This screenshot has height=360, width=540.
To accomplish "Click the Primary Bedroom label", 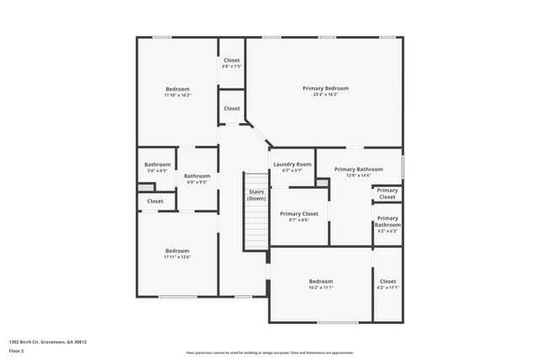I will pyautogui.click(x=326, y=88).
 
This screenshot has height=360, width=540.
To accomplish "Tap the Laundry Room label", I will pyautogui.click(x=292, y=164).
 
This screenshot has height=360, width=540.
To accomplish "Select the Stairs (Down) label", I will pyautogui.click(x=256, y=195).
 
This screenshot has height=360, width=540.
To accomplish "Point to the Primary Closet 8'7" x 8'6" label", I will pyautogui.click(x=299, y=214).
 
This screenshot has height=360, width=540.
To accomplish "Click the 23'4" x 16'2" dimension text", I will pyautogui.click(x=326, y=94).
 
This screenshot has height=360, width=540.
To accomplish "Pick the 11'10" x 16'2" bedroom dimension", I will pyautogui.click(x=177, y=95).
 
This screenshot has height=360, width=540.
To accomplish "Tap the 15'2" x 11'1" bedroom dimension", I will pyautogui.click(x=321, y=287).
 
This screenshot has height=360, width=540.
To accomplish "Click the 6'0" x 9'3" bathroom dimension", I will pyautogui.click(x=197, y=181).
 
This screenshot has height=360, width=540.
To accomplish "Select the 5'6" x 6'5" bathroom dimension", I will pyautogui.click(x=157, y=170).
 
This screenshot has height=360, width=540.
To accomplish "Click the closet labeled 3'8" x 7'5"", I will pyautogui.click(x=231, y=67).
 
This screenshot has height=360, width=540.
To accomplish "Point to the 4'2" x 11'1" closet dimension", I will pyautogui.click(x=387, y=287).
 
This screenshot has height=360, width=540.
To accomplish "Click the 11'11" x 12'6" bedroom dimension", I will pyautogui.click(x=177, y=257).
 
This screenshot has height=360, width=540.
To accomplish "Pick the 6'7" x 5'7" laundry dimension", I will pyautogui.click(x=292, y=170).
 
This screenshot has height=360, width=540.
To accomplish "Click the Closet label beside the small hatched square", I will pyautogui.click(x=155, y=201).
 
